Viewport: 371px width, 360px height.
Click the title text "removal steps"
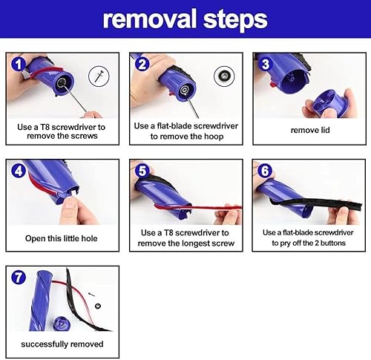coord(185,19)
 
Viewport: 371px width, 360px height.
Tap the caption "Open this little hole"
coord(62,238)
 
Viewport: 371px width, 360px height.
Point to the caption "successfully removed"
coord(62,344)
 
